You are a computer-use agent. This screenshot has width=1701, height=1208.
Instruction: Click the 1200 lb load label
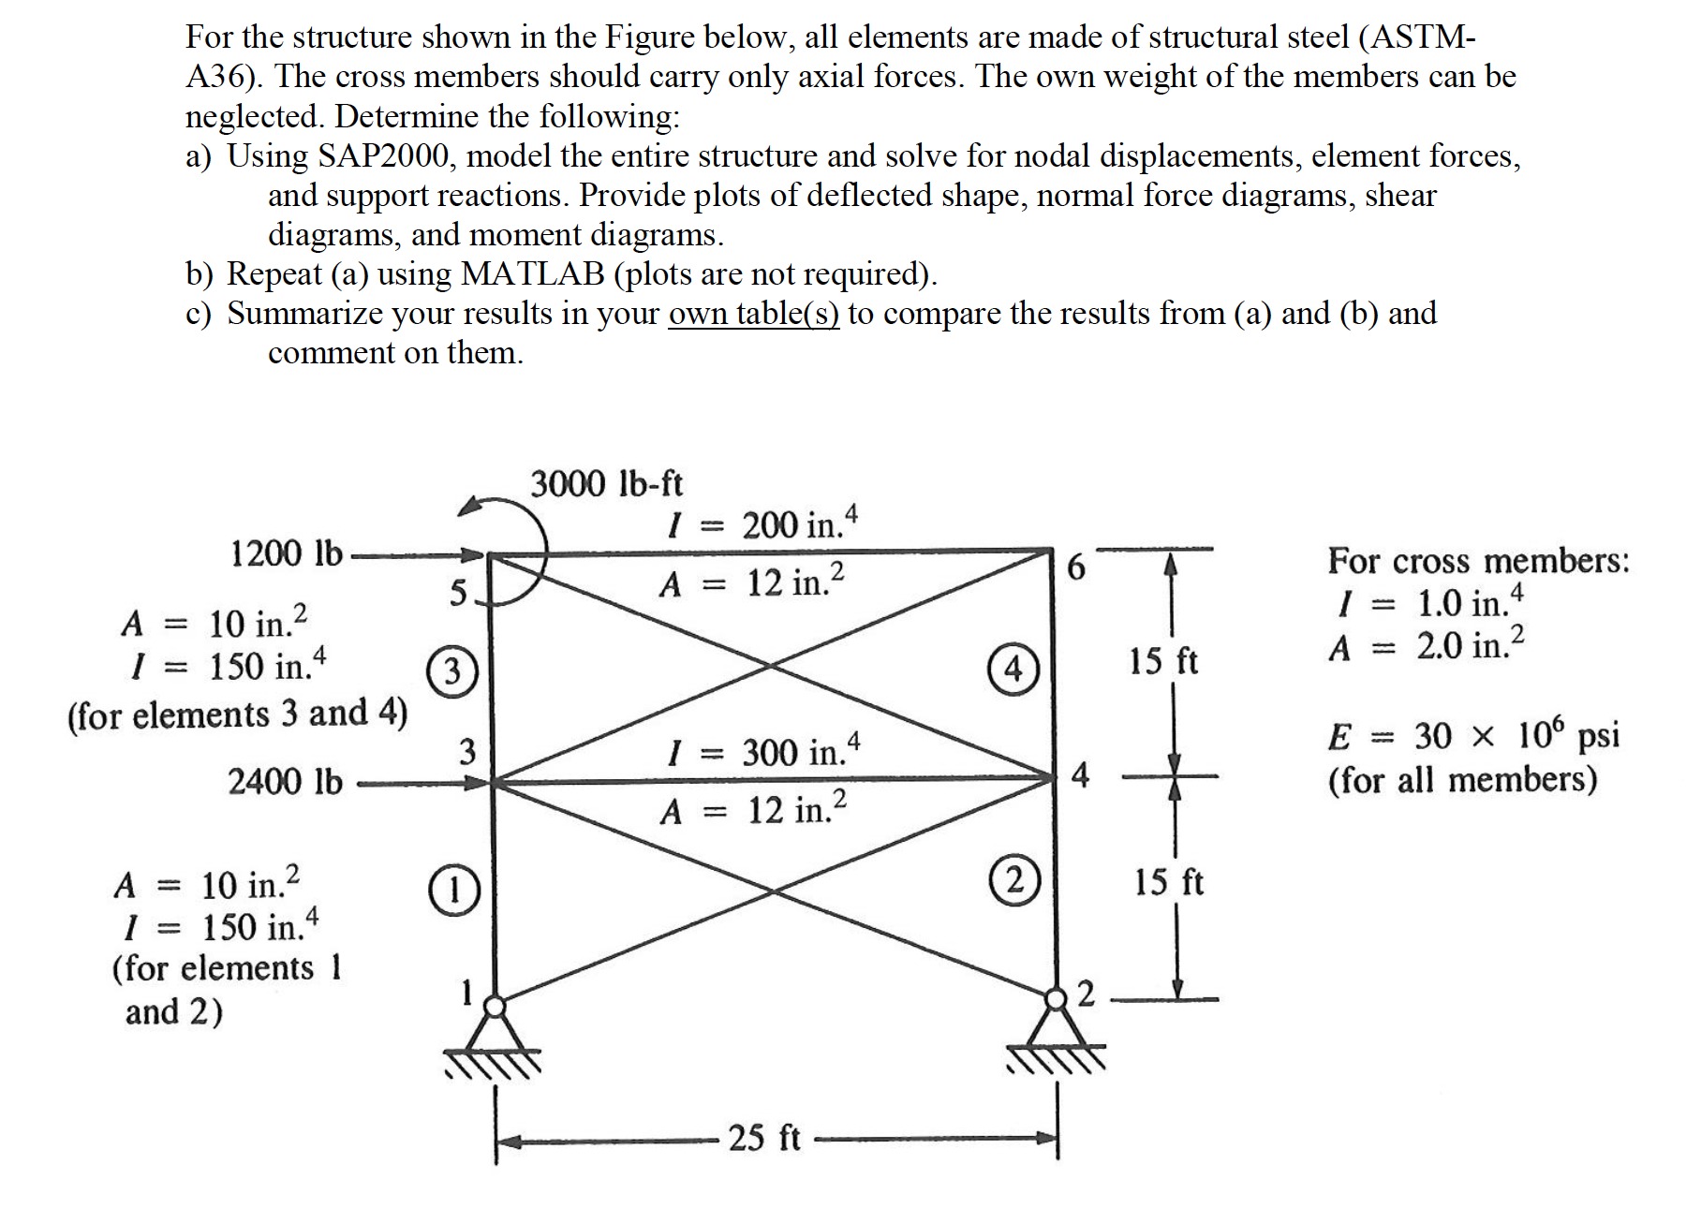point(287,553)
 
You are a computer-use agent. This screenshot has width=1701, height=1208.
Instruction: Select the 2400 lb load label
point(286,781)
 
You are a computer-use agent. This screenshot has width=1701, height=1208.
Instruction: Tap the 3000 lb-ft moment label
point(607,484)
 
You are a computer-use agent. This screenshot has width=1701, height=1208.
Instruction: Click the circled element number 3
point(452,671)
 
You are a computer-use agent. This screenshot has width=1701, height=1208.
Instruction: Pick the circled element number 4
point(1013,670)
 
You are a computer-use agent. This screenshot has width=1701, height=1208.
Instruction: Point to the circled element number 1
point(454,890)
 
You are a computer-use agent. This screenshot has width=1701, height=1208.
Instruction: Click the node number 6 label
point(1076,567)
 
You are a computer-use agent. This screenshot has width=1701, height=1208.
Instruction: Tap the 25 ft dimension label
point(764,1138)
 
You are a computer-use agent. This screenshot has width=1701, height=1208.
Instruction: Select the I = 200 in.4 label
point(762,524)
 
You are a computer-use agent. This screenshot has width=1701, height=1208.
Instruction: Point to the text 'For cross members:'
point(1478,561)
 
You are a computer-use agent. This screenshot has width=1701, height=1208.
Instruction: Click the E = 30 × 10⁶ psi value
point(1472,736)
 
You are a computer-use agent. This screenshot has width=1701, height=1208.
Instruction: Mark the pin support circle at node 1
point(495,1007)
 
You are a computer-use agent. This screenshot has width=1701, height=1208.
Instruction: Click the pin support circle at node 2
point(1056,999)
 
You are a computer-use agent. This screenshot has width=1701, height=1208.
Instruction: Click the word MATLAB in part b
point(533,273)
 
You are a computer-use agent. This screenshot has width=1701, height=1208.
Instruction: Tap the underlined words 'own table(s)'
point(753,314)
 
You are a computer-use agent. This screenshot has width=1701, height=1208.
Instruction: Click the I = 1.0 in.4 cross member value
point(1429,602)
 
